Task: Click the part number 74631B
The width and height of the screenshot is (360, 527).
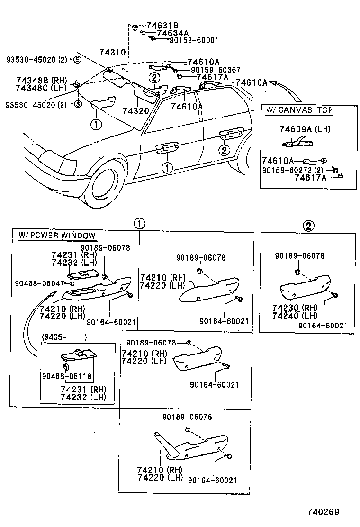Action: (162, 26)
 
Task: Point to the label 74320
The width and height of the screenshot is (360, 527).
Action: (136, 110)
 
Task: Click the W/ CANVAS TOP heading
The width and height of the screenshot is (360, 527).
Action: (299, 110)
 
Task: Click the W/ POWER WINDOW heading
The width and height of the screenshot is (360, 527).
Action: (56, 236)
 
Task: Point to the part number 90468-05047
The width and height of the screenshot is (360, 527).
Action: (39, 283)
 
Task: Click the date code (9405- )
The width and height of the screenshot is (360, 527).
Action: (64, 337)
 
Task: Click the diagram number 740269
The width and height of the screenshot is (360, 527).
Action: (324, 512)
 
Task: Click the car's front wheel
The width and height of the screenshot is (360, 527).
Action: (106, 183)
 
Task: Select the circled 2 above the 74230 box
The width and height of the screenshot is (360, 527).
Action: (308, 226)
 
